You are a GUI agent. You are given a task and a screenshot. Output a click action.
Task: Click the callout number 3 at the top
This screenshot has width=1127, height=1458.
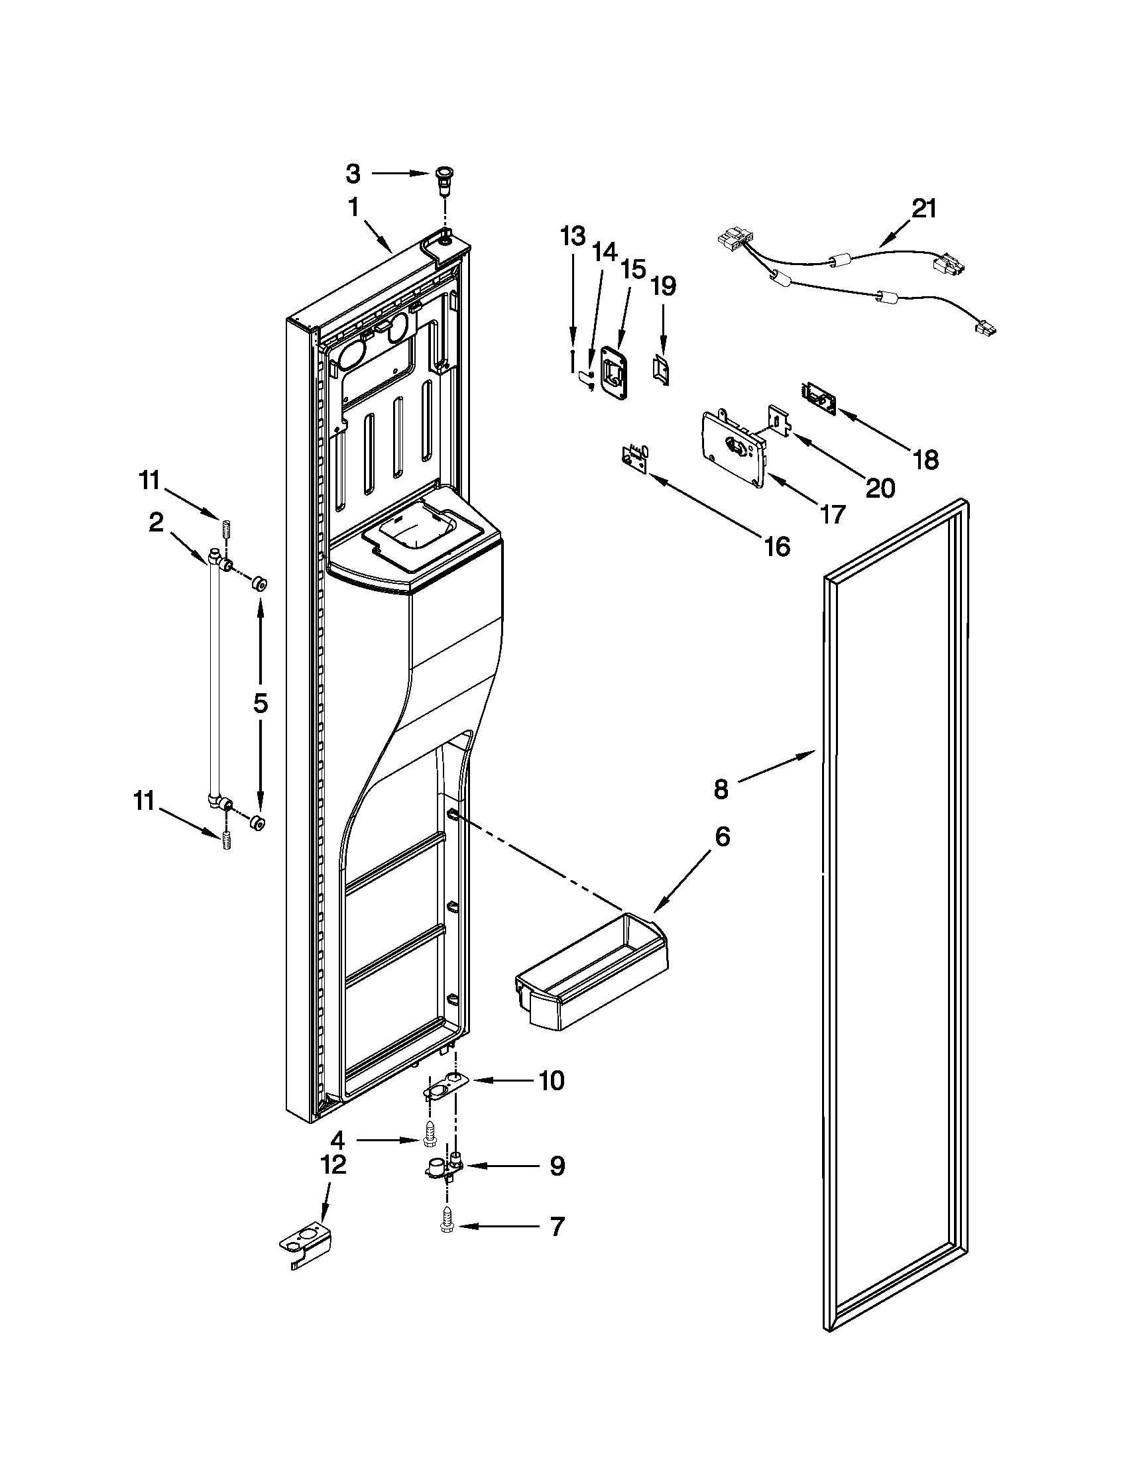(353, 174)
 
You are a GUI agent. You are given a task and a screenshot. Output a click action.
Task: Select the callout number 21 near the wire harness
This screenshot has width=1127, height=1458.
(925, 209)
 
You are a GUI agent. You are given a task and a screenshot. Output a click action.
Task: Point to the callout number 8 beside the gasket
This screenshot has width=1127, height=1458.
(721, 789)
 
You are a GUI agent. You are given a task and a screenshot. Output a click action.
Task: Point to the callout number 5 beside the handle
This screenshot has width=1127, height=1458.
(261, 703)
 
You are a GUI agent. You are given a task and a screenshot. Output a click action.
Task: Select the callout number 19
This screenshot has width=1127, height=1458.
(663, 287)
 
